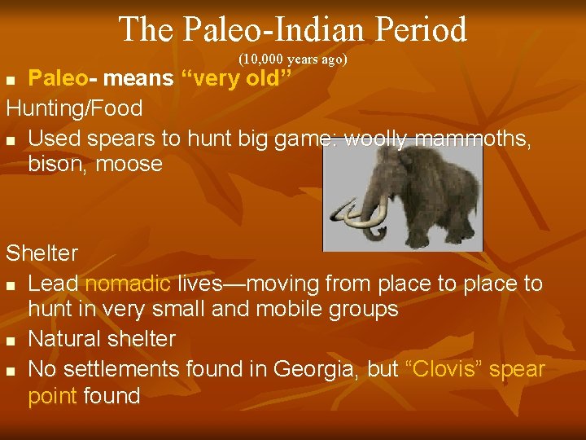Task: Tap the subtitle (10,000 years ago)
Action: [293, 59]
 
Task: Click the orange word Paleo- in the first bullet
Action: [58, 78]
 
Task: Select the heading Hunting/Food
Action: [74, 108]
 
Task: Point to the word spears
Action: [123, 138]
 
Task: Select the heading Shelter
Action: [42, 253]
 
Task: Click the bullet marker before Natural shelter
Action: [11, 340]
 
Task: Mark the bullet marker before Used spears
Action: [11, 139]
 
